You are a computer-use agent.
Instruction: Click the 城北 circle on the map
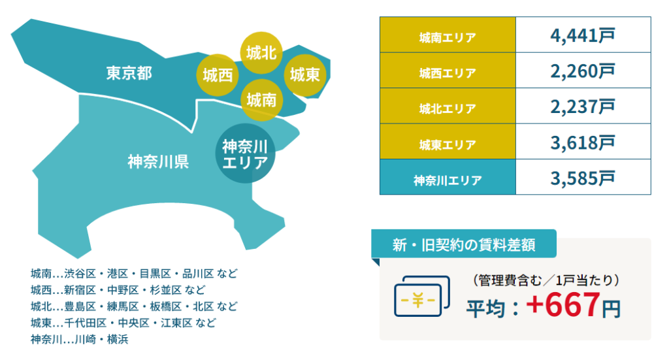[x=261, y=53]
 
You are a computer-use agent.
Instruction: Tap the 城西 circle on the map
[x=218, y=75]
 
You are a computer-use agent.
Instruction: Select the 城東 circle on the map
[x=305, y=75]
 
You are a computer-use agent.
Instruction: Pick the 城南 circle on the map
[x=261, y=100]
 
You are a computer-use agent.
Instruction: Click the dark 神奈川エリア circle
[x=245, y=154]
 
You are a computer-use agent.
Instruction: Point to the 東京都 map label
[x=129, y=73]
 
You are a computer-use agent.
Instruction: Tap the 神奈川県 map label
[x=158, y=161]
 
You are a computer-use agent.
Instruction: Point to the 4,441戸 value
[x=582, y=35]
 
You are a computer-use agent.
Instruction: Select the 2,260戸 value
[x=582, y=71]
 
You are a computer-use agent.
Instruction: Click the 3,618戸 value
[x=582, y=142]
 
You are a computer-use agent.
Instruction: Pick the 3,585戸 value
[x=582, y=178]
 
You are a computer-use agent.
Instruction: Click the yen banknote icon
[x=421, y=296]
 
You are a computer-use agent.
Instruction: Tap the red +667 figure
[x=563, y=304]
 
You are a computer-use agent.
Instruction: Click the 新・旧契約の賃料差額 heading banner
[x=464, y=244]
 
